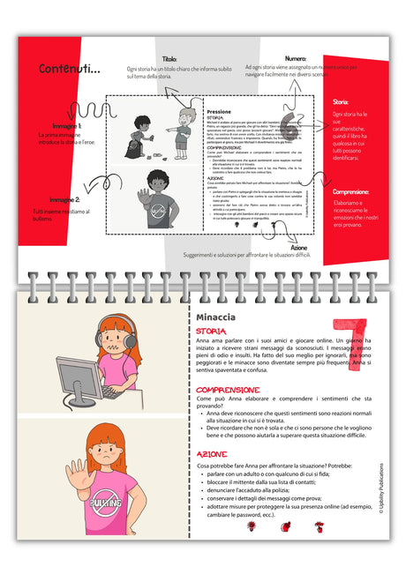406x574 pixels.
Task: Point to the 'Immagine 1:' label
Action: click(x=66, y=126)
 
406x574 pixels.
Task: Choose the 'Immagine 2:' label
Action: click(x=64, y=200)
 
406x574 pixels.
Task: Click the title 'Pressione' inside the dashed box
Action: click(x=219, y=113)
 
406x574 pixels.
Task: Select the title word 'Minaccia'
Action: click(x=217, y=316)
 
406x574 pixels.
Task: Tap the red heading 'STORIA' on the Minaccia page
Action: click(x=211, y=332)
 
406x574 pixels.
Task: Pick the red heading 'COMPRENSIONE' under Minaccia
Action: click(x=228, y=389)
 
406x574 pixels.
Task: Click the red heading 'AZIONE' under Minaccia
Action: click(x=212, y=453)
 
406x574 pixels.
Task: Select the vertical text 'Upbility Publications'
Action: click(x=381, y=495)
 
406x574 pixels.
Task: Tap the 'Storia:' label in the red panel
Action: click(x=341, y=101)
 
